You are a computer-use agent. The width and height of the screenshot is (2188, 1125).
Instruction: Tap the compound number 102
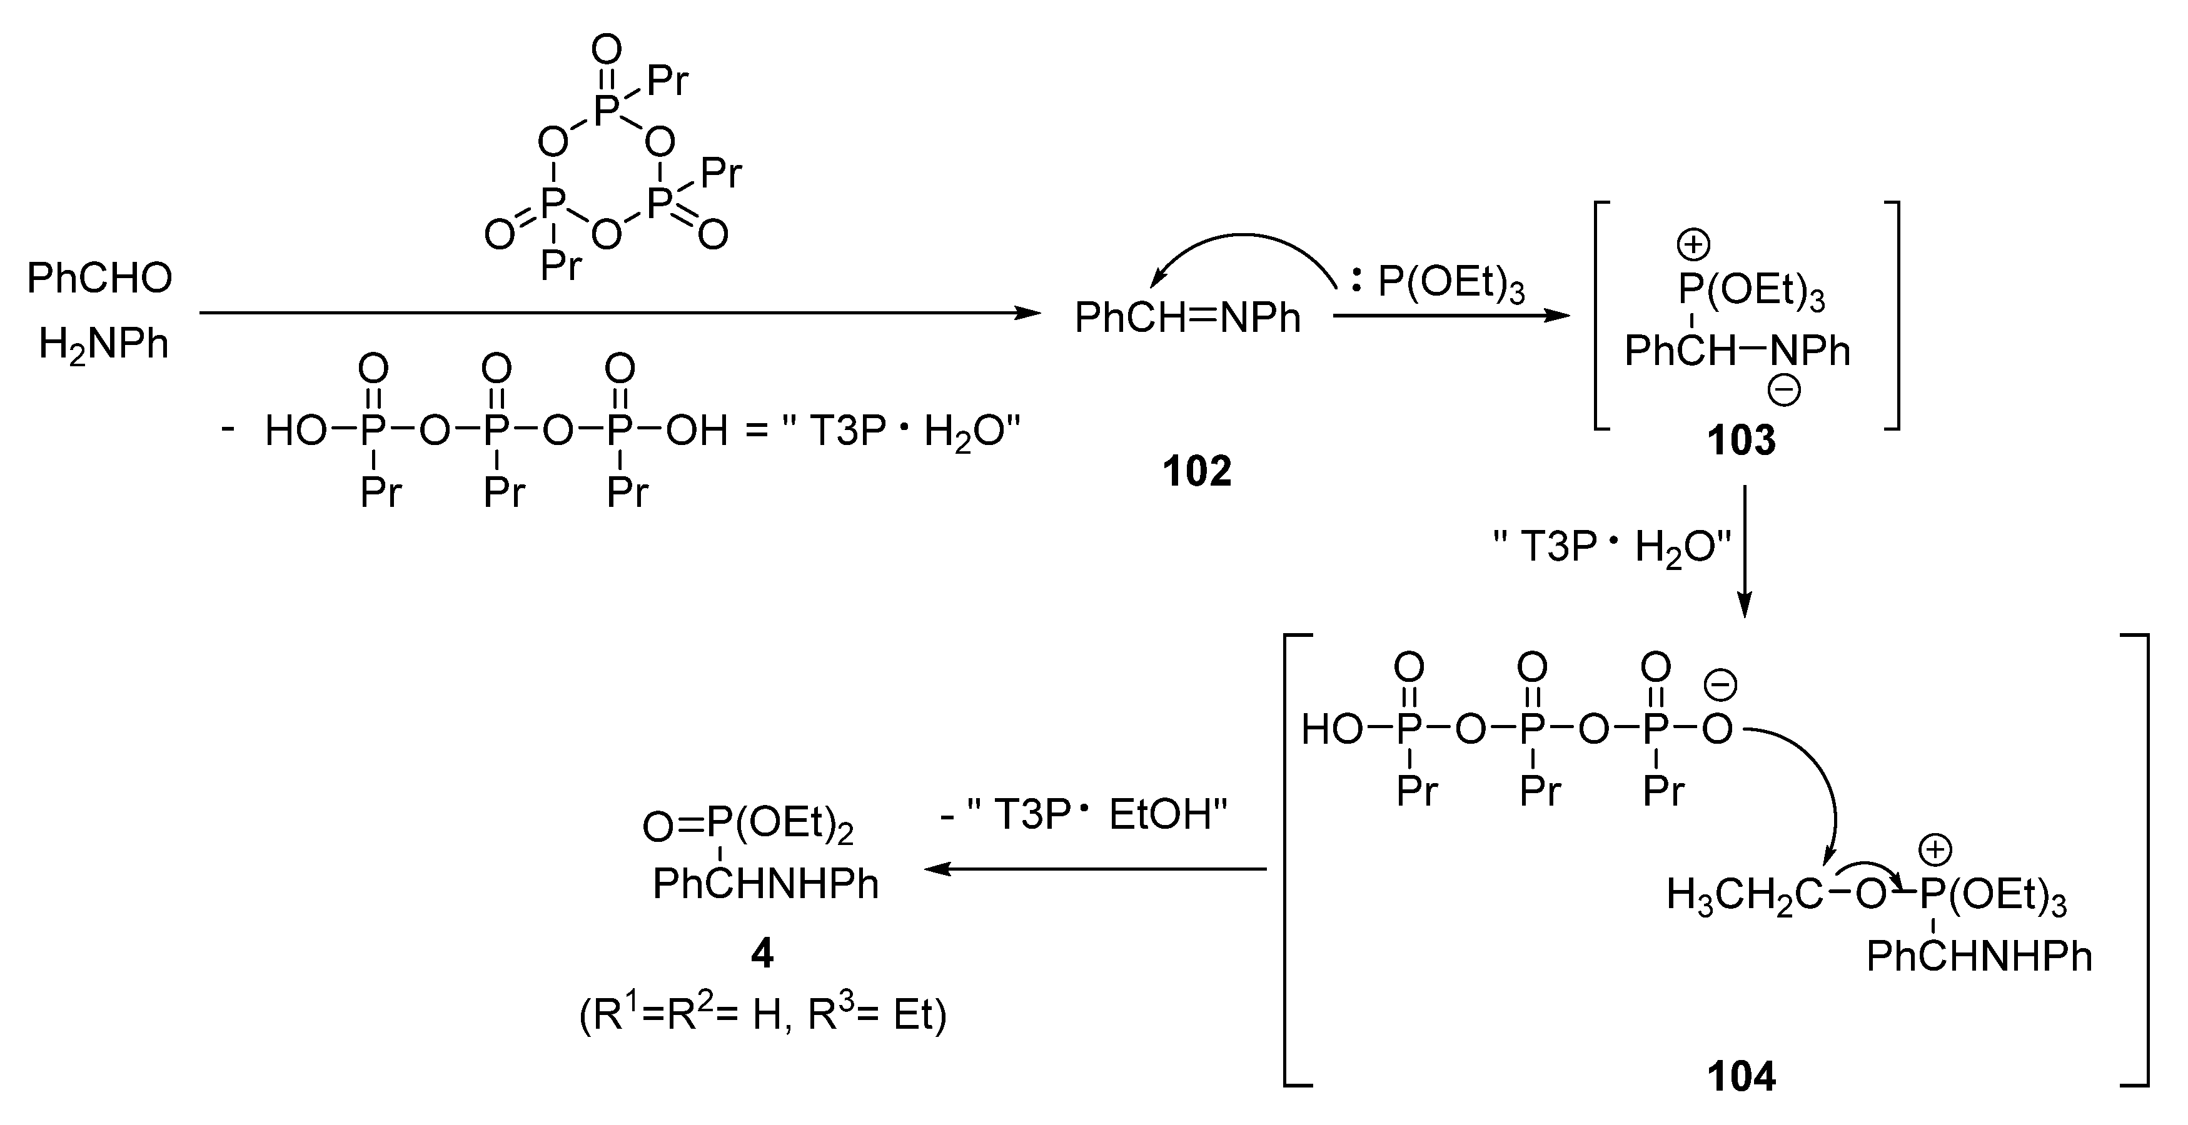pos(1197,471)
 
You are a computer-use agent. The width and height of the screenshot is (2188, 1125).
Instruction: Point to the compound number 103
pos(1742,440)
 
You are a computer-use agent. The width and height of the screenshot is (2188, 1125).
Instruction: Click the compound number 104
pos(1742,1077)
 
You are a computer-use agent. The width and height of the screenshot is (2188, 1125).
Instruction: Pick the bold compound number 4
pos(762,954)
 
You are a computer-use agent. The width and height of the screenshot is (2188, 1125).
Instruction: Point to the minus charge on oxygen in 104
pos(1721,685)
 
